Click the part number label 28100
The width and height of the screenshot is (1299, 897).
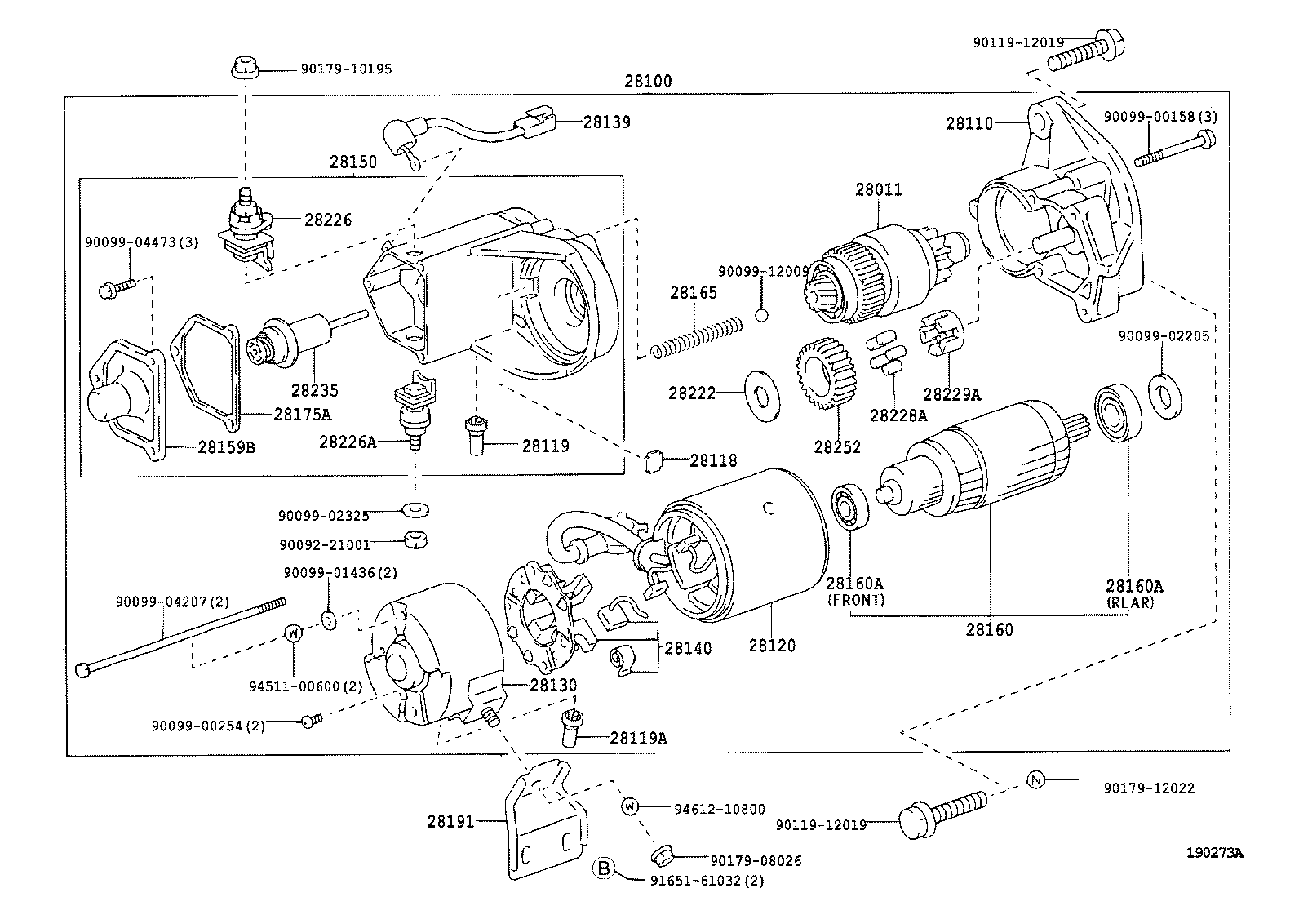tap(648, 81)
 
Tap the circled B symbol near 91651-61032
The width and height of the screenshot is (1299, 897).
tap(603, 868)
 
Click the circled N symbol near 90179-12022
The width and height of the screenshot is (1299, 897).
tap(1035, 779)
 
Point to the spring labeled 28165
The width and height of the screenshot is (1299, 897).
tap(698, 335)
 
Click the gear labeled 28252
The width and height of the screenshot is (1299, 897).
tap(829, 376)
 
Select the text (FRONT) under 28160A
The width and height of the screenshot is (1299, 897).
tap(856, 599)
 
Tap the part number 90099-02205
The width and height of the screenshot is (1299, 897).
tap(1163, 335)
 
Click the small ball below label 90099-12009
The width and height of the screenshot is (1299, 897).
tap(762, 313)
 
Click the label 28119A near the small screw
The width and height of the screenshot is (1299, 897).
tap(637, 739)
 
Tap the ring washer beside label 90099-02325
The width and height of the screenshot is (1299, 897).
tap(415, 511)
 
